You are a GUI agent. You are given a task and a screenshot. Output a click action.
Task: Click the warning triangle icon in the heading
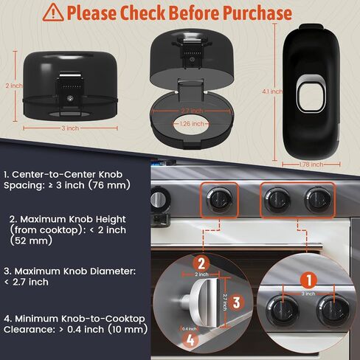pyautogui.click(x=53, y=13)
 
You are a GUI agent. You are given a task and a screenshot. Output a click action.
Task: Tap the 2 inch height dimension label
pyautogui.click(x=14, y=86)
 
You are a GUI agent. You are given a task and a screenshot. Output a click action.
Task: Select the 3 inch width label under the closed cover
pyautogui.click(x=70, y=128)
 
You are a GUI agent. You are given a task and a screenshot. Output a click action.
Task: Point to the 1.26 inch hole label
pyautogui.click(x=192, y=123)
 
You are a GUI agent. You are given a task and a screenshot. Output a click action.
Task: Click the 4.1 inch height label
pyautogui.click(x=272, y=91)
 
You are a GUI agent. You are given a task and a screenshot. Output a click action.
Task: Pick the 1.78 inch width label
pyautogui.click(x=311, y=165)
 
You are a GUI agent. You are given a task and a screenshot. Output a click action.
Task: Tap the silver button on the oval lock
pyautogui.click(x=311, y=94)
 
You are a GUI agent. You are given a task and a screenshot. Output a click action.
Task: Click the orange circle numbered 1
pyautogui.click(x=309, y=280)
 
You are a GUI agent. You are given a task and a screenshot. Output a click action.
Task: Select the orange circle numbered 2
pyautogui.click(x=201, y=263)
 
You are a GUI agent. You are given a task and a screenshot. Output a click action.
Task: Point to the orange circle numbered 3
pyautogui.click(x=237, y=302)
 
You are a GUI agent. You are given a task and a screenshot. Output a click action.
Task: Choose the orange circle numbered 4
pyautogui.click(x=190, y=341)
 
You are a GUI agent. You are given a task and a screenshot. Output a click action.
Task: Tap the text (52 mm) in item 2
pyautogui.click(x=31, y=240)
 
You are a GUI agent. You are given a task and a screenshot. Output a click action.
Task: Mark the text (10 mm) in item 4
pyautogui.click(x=128, y=329)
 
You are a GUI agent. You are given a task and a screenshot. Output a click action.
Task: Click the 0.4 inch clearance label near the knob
pyautogui.click(x=190, y=329)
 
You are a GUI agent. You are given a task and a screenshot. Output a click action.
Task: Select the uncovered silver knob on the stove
pyautogui.click(x=158, y=198)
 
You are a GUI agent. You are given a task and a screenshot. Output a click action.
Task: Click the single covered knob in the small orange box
pyautogui.click(x=219, y=201)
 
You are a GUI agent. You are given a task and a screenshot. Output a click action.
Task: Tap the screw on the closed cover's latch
pyautogui.click(x=71, y=99)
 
